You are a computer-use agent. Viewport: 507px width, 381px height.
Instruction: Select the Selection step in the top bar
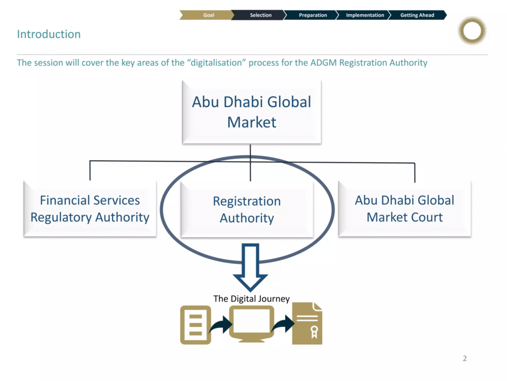pos(260,15)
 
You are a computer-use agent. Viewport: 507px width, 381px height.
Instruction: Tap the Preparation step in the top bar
pos(313,15)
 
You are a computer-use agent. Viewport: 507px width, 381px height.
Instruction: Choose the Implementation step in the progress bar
pos(365,15)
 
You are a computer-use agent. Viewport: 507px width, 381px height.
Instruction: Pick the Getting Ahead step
pos(417,15)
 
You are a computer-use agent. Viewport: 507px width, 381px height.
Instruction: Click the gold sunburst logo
pos(472,31)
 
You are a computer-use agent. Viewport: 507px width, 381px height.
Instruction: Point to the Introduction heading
pos(49,34)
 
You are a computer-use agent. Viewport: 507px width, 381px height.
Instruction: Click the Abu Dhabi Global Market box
pos(252,112)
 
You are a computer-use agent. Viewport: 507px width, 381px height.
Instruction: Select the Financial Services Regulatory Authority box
pos(90,209)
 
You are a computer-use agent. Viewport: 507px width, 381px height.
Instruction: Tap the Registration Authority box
pos(247,209)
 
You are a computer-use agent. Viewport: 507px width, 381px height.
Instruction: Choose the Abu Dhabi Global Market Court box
pos(405,209)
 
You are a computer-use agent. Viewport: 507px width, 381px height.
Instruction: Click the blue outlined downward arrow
pos(250,266)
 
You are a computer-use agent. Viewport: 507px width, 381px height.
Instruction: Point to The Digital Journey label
pos(252,299)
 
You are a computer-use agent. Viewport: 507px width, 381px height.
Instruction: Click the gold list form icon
pos(195,325)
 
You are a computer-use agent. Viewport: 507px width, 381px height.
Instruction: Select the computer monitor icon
pos(252,323)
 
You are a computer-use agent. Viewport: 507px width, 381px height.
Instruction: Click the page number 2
pos(464,359)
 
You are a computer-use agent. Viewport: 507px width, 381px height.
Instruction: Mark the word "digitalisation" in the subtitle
pos(217,63)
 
